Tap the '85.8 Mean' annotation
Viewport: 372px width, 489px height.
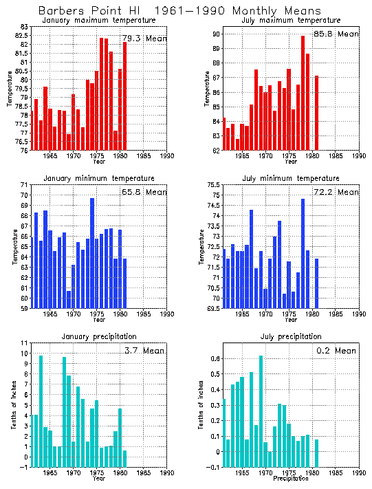337,34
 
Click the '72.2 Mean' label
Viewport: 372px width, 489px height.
337,193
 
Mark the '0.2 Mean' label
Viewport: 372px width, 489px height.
337,351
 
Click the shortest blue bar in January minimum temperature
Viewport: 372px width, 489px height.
69,299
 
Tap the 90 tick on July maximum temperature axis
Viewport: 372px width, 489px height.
215,34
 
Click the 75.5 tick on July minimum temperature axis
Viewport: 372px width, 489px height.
212,185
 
